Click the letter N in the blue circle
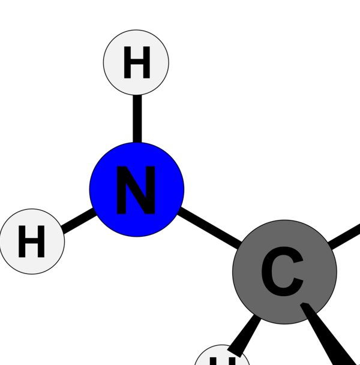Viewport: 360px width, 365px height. pos(136,190)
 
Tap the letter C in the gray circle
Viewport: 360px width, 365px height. pos(282,273)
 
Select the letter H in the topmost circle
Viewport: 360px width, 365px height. pos(136,63)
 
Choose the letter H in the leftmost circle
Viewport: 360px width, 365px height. pos(31,242)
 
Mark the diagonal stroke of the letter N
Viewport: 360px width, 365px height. pos(137,190)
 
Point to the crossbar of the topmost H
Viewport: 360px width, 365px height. pos(136,62)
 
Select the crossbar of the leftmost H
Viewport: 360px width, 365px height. pos(31,242)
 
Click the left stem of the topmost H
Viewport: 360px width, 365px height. pos(127,63)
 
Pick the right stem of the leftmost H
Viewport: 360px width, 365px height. pos(40,242)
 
